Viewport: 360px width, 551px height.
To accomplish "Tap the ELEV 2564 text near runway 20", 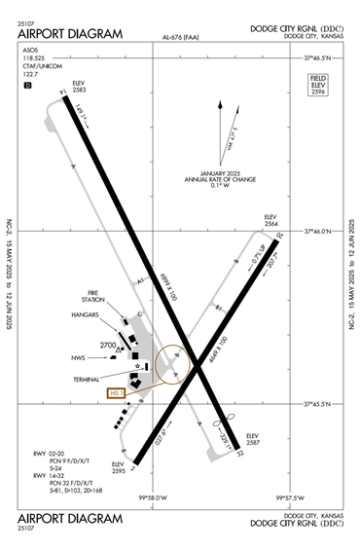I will point(271,220).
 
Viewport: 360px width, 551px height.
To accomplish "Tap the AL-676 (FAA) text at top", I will point(180,40).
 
